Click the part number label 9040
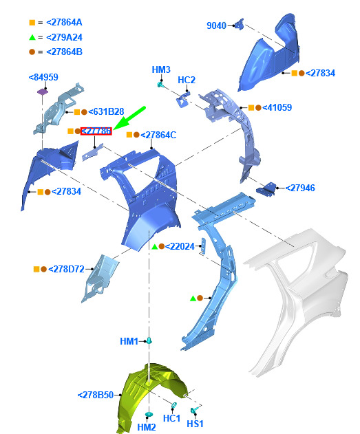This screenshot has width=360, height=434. pos(216,25)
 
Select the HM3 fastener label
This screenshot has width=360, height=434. pos(161,69)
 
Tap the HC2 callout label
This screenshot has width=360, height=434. pos(187,80)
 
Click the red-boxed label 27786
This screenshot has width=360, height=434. pos(96,131)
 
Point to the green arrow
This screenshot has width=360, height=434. pos(129,118)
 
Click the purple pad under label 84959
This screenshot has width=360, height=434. pos(43,91)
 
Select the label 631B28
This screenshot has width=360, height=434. pos(106,112)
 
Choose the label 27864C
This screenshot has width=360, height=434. pos(158,135)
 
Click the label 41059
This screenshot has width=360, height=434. pos(277,107)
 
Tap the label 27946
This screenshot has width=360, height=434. pos(300,188)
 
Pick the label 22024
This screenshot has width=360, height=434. pos(180,246)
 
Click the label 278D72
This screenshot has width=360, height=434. pos(66,269)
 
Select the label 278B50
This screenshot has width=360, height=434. pos(96,395)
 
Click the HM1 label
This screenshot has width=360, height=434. pos(129,341)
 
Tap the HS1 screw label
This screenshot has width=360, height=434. pos(195,424)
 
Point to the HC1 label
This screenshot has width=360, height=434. pos(171,418)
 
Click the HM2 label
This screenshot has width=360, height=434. pos(147,427)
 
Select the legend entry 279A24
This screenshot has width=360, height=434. pos(64,37)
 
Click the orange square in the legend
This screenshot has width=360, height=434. pos(32,23)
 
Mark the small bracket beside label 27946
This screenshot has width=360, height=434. pos(266,189)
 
